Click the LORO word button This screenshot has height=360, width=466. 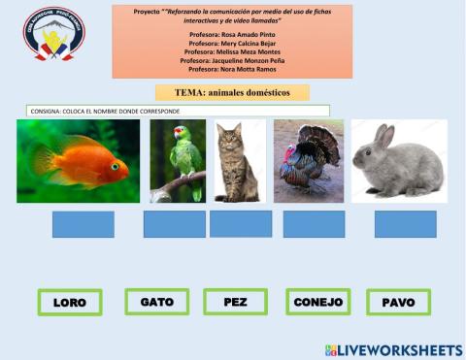[70, 302]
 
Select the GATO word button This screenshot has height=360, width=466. [156, 302]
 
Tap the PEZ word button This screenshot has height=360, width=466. [235, 302]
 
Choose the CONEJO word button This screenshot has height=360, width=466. [317, 302]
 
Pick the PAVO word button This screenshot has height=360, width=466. [398, 302]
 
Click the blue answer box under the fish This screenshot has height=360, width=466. [83, 224]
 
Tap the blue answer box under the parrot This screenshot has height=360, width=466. [174, 224]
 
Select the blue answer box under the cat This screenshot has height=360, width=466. [240, 223]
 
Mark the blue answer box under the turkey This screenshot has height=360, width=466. [314, 224]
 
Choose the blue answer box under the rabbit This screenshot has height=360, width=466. [405, 224]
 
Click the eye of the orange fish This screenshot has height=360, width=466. [115, 166]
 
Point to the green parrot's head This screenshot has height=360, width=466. [181, 134]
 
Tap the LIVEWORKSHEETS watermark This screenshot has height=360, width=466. [393, 349]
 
